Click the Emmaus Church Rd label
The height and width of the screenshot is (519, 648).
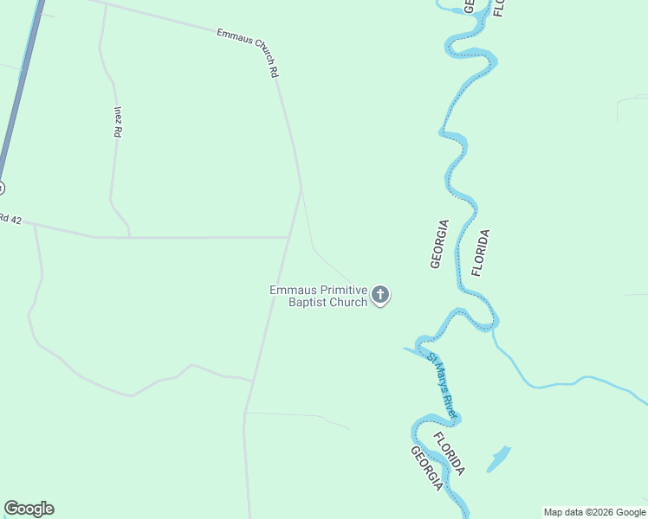[x=249, y=54]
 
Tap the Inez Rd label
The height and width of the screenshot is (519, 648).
[x=117, y=122]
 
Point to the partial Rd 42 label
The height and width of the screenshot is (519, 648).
[x=10, y=219]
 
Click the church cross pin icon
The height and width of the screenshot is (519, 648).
[x=379, y=296]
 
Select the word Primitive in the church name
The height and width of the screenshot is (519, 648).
[x=340, y=291]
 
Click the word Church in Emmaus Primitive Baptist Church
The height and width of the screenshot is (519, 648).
[x=347, y=303]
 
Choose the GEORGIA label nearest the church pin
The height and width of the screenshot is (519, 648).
[x=439, y=244]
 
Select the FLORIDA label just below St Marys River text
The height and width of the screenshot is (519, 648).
[x=449, y=453]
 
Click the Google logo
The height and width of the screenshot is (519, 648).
[x=29, y=509]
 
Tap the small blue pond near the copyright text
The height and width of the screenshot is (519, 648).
[x=498, y=458]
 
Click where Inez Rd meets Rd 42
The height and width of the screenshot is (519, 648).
[x=130, y=236]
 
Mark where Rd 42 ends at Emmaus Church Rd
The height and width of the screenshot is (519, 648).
[x=288, y=236]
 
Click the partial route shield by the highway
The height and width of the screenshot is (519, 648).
[x=1, y=188]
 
